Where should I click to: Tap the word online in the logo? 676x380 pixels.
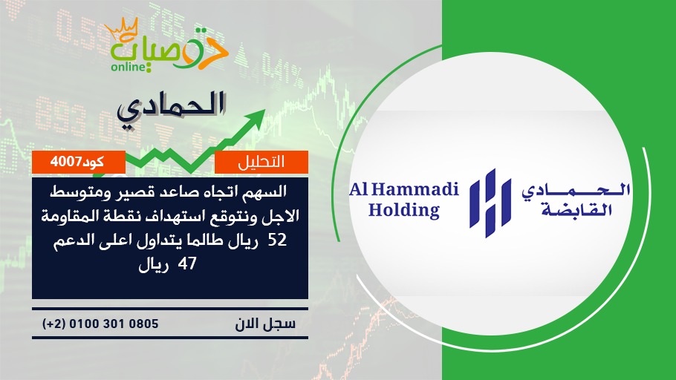129,67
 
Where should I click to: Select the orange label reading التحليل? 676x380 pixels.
261,162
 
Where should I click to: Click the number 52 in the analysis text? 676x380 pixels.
277,240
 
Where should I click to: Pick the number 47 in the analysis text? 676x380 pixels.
187,263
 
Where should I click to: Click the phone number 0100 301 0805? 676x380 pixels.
114,324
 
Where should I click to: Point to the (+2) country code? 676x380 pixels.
54,324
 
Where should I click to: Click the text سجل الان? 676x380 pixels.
265,324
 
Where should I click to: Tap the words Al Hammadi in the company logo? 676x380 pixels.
404,189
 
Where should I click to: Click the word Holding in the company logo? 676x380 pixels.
404,210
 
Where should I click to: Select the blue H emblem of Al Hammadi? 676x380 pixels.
490,203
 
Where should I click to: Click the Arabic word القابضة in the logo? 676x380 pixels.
577,210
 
